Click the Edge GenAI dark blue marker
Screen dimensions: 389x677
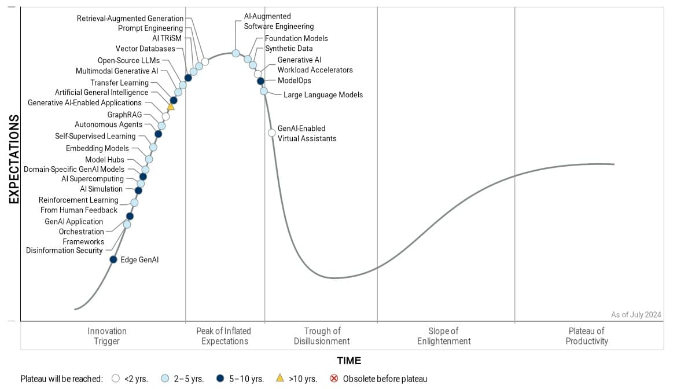click(x=113, y=259)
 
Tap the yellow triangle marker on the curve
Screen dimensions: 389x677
click(x=171, y=107)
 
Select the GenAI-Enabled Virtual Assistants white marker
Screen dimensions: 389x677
click(x=272, y=133)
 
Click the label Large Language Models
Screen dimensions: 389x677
click(x=323, y=95)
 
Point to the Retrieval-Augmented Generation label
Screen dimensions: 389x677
click(x=130, y=19)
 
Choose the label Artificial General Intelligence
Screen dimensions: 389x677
click(x=102, y=93)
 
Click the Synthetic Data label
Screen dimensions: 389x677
click(x=289, y=49)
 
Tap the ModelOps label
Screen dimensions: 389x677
click(x=294, y=81)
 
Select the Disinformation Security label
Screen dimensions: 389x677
click(x=64, y=251)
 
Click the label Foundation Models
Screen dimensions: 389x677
click(x=296, y=38)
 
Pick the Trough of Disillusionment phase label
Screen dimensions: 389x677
click(x=322, y=336)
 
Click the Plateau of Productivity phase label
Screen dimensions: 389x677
click(x=587, y=336)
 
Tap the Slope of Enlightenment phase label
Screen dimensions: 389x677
click(x=444, y=336)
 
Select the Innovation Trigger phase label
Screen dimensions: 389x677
click(x=107, y=336)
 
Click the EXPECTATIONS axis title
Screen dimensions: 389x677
click(x=14, y=159)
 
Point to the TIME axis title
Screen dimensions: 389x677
click(x=349, y=361)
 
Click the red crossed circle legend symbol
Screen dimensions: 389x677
click(x=334, y=379)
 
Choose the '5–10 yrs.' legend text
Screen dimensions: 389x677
click(x=246, y=379)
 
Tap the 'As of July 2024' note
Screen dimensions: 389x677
click(x=636, y=315)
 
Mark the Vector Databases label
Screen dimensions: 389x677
click(x=145, y=49)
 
